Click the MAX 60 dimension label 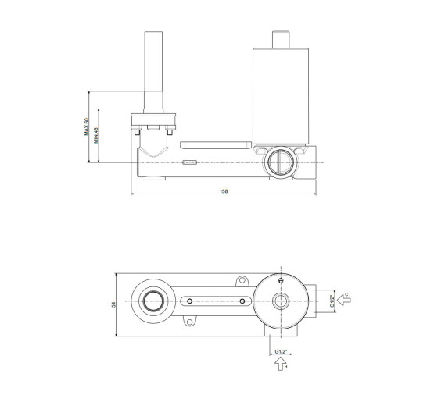pyautogui.click(x=86, y=126)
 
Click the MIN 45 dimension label pyautogui.click(x=96, y=135)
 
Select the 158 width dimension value pyautogui.click(x=224, y=191)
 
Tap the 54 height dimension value pyautogui.click(x=113, y=304)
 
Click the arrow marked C pyautogui.click(x=344, y=300)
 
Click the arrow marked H pyautogui.click(x=281, y=363)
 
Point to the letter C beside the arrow pyautogui.click(x=346, y=294)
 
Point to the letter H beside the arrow pyautogui.click(x=285, y=367)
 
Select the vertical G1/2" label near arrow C pyautogui.click(x=332, y=301)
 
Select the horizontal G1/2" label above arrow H pyautogui.click(x=281, y=351)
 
